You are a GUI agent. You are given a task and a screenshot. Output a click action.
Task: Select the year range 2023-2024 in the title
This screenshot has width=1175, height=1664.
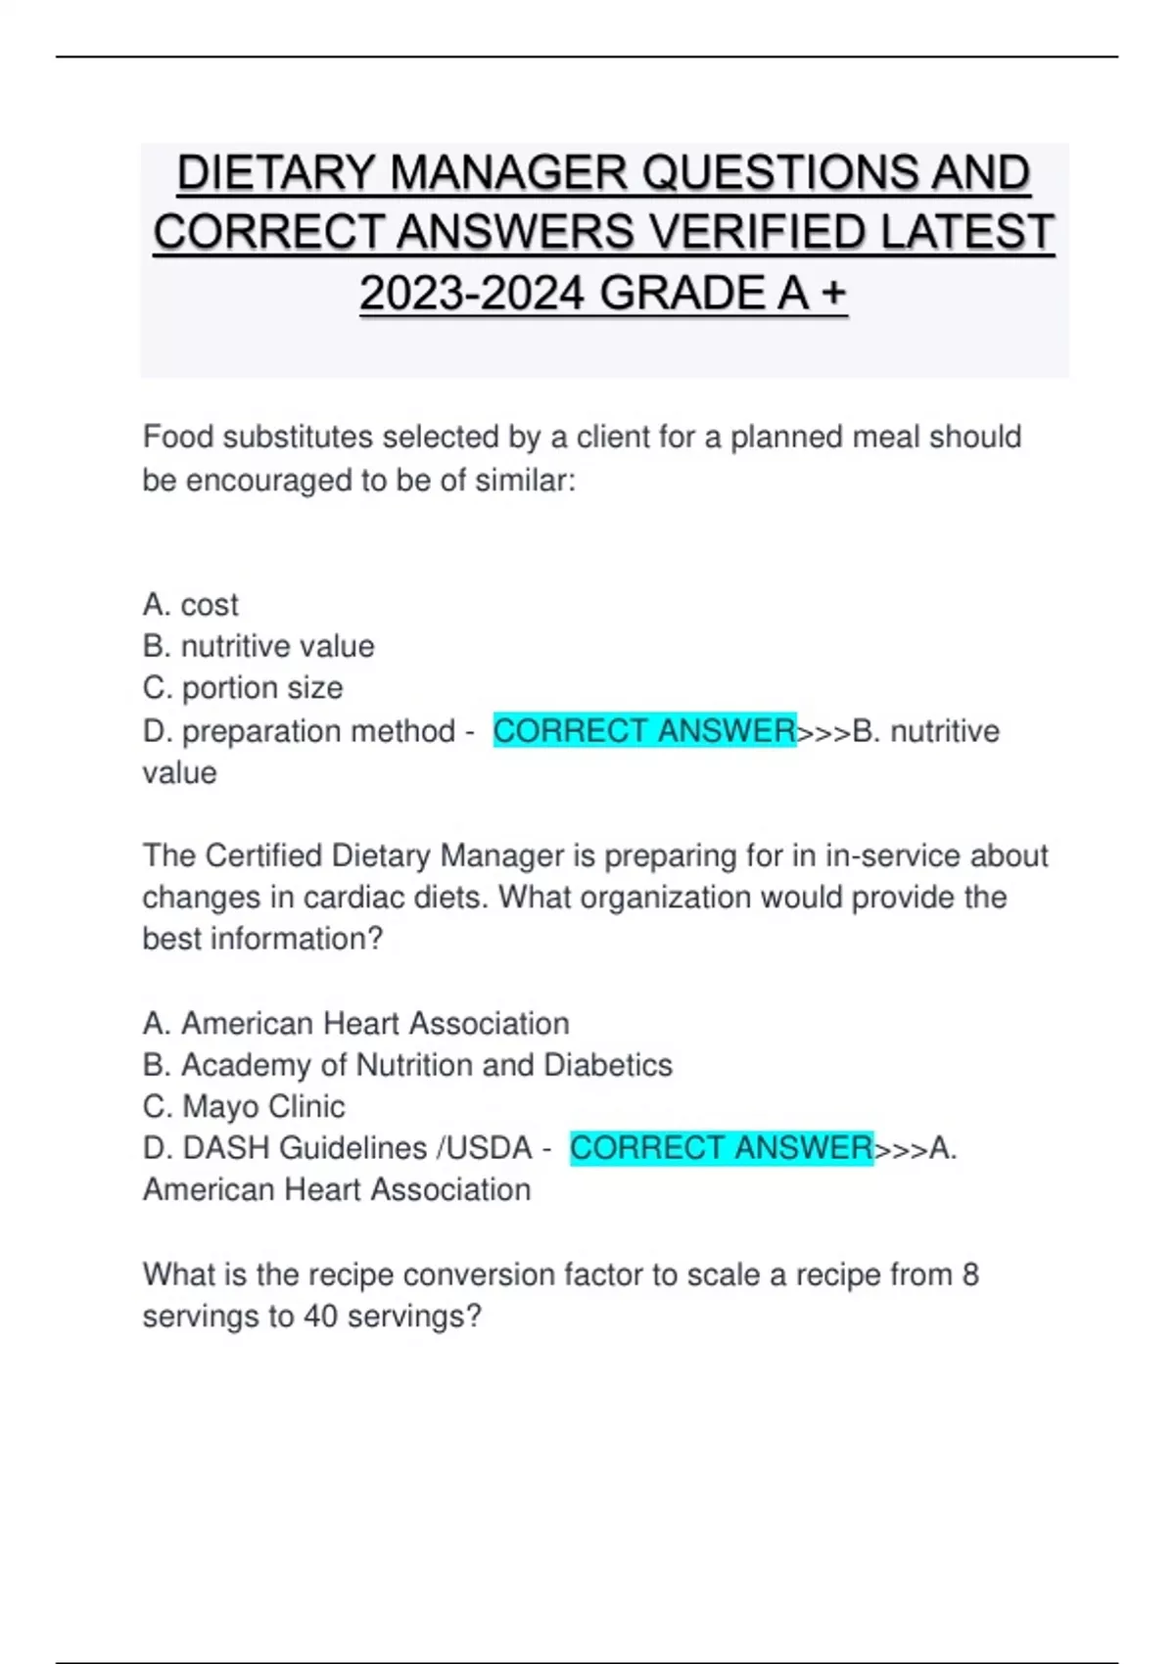click(x=472, y=293)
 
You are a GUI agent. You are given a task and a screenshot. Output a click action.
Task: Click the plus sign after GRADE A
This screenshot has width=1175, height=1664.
click(x=833, y=293)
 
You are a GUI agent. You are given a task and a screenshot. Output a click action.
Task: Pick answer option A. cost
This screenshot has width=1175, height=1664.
click(x=190, y=605)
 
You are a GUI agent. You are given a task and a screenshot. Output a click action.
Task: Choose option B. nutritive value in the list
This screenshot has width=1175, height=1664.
click(x=258, y=646)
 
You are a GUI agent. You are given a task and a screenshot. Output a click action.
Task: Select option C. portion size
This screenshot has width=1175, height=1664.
click(x=243, y=688)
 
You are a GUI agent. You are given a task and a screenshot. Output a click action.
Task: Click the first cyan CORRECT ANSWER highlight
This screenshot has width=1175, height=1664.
click(x=643, y=730)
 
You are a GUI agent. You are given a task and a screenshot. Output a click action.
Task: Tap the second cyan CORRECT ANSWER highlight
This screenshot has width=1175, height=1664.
click(x=721, y=1147)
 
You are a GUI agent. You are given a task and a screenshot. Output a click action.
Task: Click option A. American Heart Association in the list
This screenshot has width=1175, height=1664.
click(x=355, y=1023)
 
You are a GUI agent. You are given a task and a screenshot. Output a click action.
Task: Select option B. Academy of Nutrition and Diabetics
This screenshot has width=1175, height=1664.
click(x=407, y=1065)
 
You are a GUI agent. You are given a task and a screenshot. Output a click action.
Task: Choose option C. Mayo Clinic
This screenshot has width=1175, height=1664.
click(x=244, y=1106)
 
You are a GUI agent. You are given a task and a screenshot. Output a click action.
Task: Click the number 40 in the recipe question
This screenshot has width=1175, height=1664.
click(x=320, y=1316)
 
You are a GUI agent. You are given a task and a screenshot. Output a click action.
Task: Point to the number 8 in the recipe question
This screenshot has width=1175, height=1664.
click(x=970, y=1274)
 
